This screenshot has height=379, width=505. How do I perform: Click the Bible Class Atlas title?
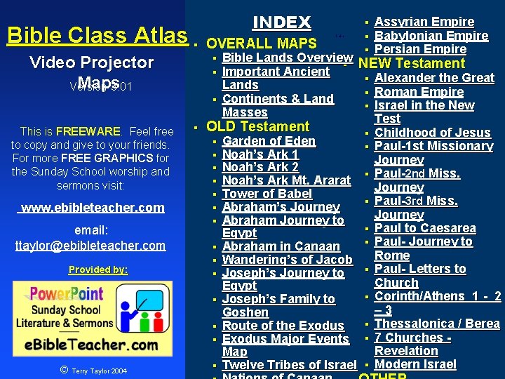[97, 35]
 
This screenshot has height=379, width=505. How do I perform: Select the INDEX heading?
[281, 22]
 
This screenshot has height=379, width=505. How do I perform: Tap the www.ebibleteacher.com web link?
[93, 207]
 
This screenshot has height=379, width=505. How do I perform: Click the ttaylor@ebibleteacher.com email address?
[90, 245]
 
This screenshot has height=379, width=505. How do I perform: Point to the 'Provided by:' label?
[98, 270]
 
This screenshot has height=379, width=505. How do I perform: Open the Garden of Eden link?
[269, 140]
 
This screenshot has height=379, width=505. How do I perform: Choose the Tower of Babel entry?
[267, 194]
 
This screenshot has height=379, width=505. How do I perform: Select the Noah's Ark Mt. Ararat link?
[286, 180]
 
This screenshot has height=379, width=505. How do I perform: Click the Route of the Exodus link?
[283, 326]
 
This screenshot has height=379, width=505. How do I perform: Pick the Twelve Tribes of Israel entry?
[289, 365]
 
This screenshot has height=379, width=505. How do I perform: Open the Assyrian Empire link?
[424, 22]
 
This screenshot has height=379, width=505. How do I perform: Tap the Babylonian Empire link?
[431, 36]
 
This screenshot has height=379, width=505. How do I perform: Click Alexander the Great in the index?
[434, 78]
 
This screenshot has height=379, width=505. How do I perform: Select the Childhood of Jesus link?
[432, 133]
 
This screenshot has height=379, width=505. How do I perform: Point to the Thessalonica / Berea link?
[437, 324]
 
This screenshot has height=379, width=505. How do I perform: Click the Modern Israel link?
[415, 364]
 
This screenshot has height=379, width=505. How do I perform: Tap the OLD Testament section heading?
[257, 126]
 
